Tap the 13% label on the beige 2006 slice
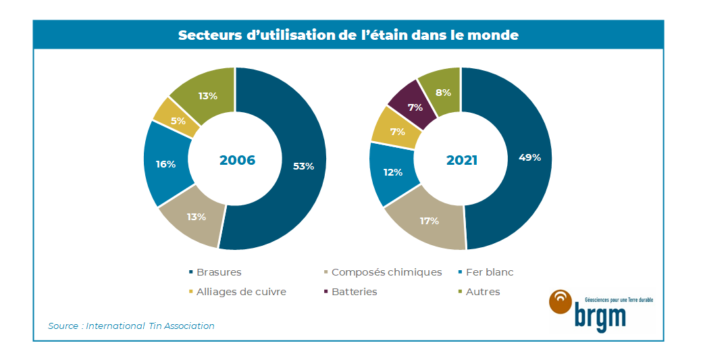pyautogui.click(x=197, y=217)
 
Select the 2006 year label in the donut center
pyautogui.click(x=237, y=160)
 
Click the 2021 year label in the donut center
pyautogui.click(x=462, y=160)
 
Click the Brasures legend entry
pyautogui.click(x=218, y=272)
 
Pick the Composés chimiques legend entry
pyautogui.click(x=386, y=272)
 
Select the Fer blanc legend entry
pyautogui.click(x=490, y=272)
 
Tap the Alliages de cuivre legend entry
pyautogui.click(x=240, y=292)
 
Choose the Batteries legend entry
pyautogui.click(x=354, y=292)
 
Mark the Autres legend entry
pyautogui.click(x=483, y=292)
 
